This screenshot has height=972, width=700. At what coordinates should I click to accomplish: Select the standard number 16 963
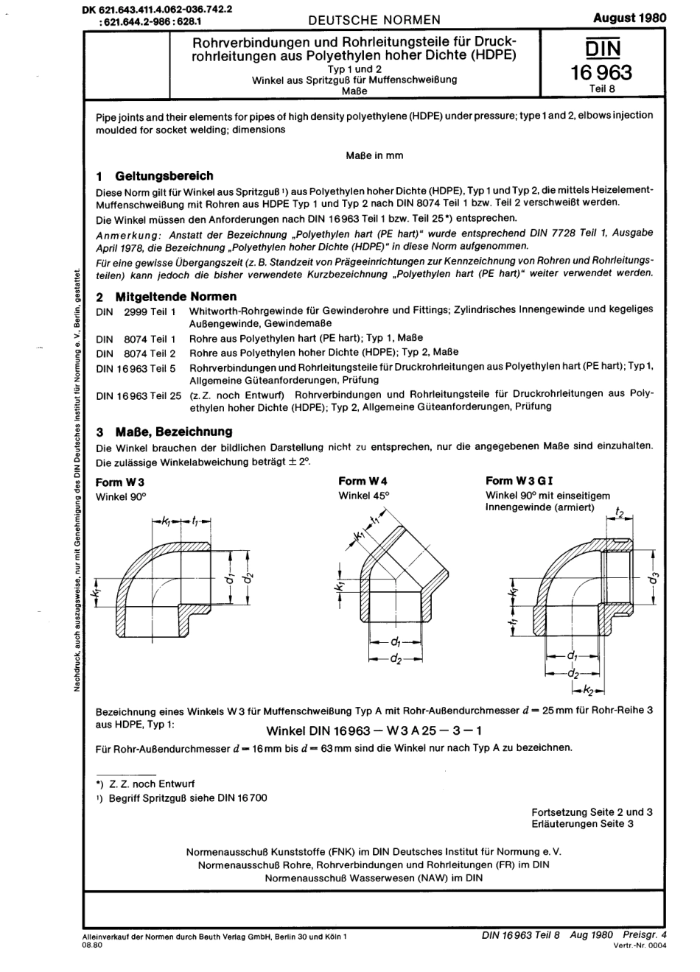(x=602, y=72)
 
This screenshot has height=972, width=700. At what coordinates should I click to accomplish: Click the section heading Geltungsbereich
(x=164, y=176)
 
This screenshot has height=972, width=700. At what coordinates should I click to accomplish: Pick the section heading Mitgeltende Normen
(x=176, y=296)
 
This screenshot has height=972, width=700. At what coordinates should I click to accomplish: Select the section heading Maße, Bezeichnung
(x=173, y=432)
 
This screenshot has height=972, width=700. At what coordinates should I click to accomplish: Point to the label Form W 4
(x=363, y=482)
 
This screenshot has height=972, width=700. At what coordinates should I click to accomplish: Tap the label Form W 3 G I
(x=519, y=481)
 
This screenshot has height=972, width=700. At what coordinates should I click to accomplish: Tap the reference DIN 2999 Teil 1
(x=136, y=310)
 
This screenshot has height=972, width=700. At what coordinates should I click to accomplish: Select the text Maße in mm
(x=374, y=155)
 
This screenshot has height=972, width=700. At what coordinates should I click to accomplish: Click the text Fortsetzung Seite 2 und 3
(x=592, y=811)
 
